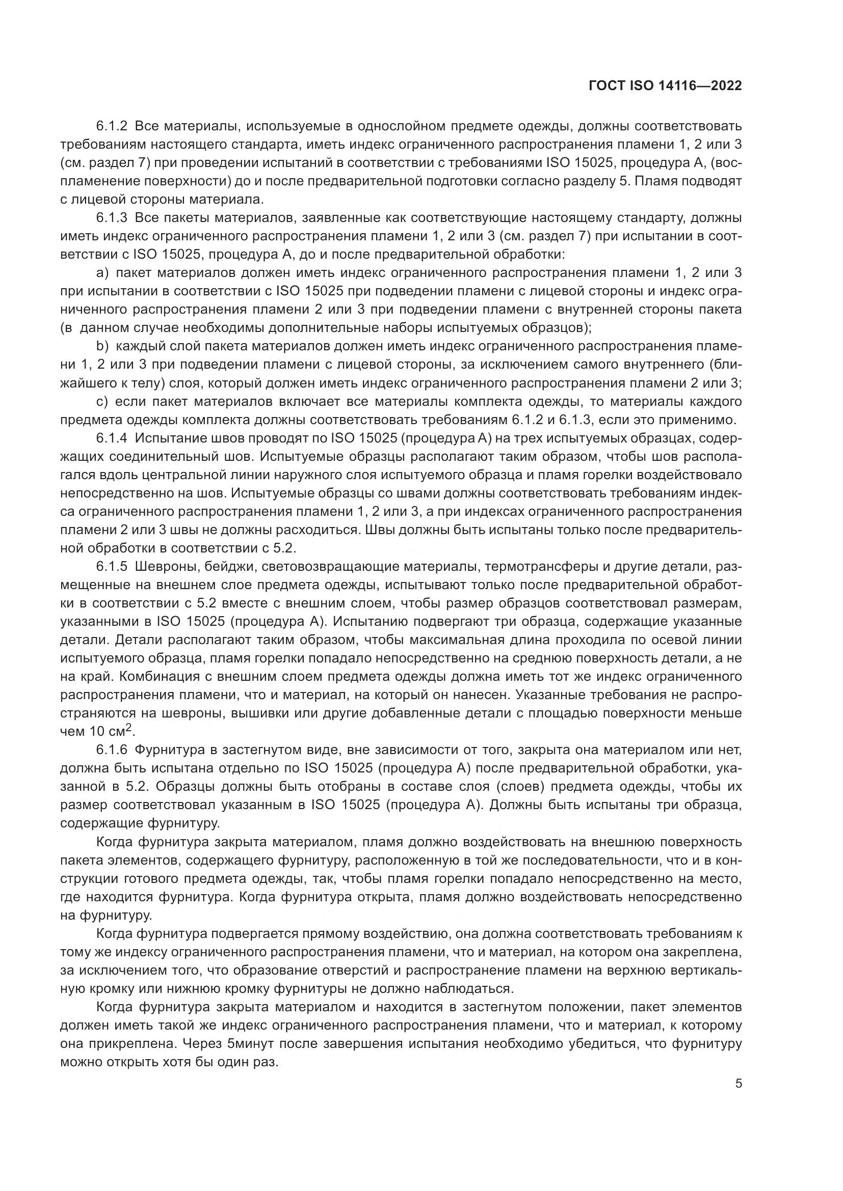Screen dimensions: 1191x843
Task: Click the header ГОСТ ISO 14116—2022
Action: click(665, 86)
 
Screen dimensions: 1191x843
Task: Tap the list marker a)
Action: click(102, 273)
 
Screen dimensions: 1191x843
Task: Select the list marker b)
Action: click(102, 347)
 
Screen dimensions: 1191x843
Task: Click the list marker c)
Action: click(102, 401)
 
